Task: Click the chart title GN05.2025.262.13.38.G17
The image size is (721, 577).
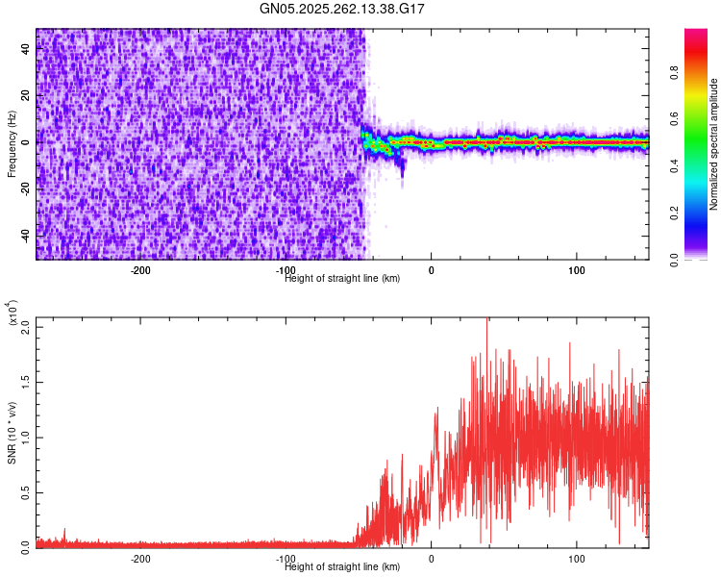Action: point(341,9)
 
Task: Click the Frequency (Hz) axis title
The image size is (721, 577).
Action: point(12,144)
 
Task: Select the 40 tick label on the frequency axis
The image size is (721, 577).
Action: point(26,48)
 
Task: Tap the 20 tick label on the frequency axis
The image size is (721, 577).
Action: point(26,95)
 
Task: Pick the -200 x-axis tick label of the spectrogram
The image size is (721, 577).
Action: point(140,270)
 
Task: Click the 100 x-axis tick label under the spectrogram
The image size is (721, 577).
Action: point(576,270)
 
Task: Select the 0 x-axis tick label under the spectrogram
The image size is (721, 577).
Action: point(431,270)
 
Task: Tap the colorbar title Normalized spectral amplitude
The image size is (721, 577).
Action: point(713,144)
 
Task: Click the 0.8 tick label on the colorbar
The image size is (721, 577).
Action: point(674,73)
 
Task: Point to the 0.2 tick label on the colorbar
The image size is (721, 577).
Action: point(674,213)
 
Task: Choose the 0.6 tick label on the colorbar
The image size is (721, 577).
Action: point(674,119)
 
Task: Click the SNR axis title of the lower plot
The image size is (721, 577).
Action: point(12,433)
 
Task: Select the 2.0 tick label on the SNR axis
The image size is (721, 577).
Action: point(26,327)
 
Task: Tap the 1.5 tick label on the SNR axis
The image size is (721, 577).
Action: point(26,383)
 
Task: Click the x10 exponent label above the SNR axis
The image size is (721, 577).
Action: point(12,313)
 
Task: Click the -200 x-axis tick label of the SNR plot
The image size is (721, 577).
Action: point(140,559)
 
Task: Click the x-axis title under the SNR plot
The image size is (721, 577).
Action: point(342,566)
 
